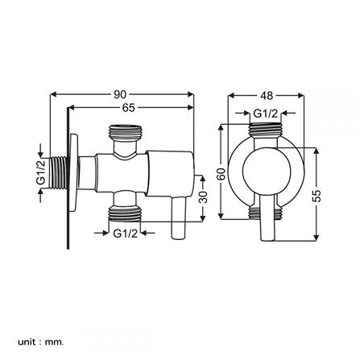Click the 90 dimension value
coord(120,94)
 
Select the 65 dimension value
coord(129,108)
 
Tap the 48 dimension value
coord(267,96)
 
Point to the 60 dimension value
coord(221,174)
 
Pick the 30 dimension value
coord(203,197)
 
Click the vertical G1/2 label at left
coord(41,172)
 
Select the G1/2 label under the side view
coord(125,233)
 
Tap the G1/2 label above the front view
coord(265,114)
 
